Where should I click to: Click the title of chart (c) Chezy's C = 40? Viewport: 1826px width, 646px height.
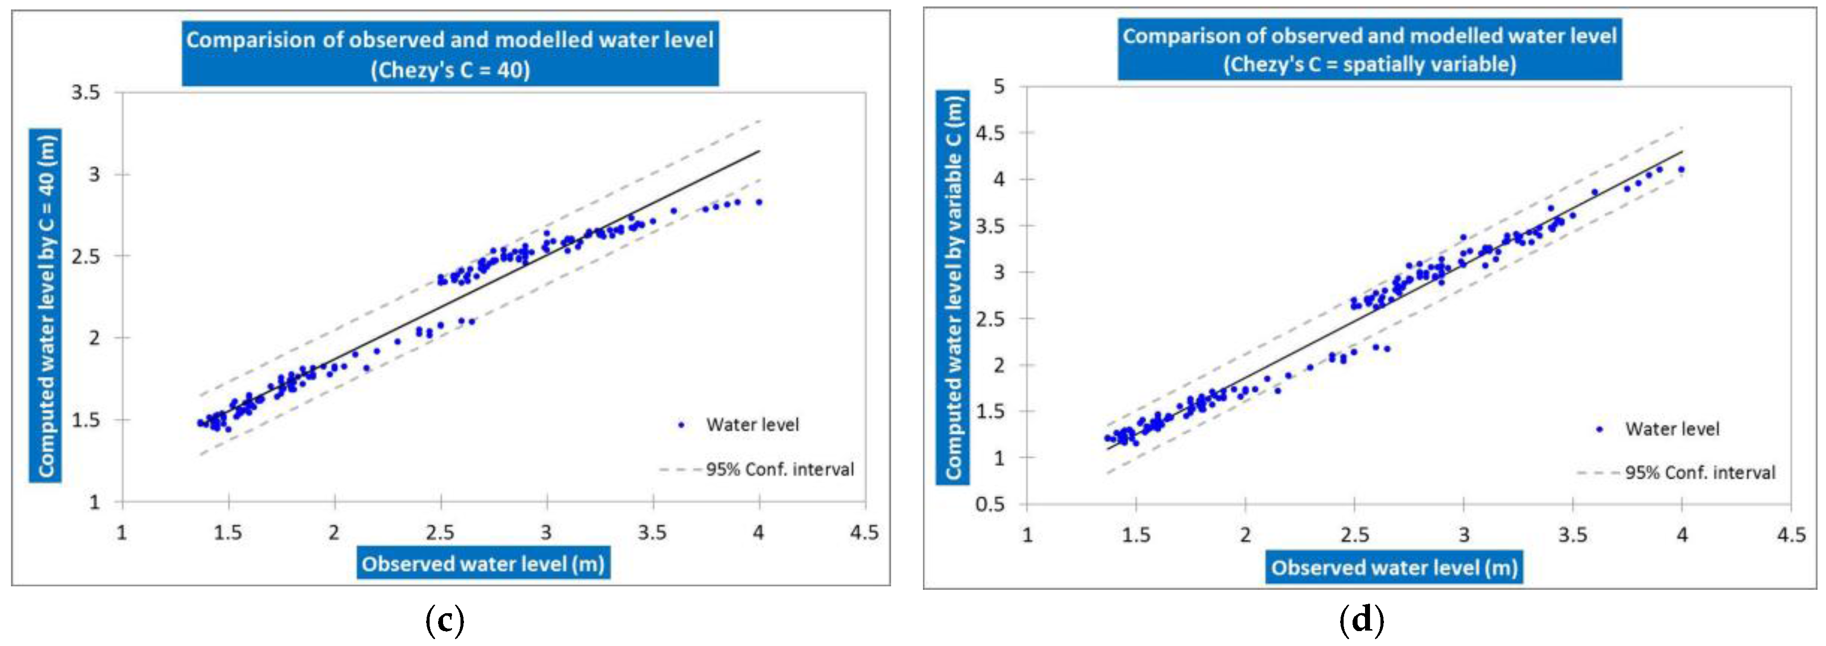pyautogui.click(x=450, y=54)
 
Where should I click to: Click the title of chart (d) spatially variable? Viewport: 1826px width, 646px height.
pyautogui.click(x=1369, y=50)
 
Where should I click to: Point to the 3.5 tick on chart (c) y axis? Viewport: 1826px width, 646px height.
pyautogui.click(x=85, y=93)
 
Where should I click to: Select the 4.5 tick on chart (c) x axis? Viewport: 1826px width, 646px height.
pyautogui.click(x=864, y=533)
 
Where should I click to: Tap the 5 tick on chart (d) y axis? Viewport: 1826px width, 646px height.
pyautogui.click(x=999, y=87)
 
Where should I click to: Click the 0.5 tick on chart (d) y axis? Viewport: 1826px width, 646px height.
pyautogui.click(x=990, y=504)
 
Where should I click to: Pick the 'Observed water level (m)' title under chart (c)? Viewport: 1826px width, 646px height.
pyautogui.click(x=483, y=564)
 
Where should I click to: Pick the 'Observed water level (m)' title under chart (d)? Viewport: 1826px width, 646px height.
pyautogui.click(x=1393, y=567)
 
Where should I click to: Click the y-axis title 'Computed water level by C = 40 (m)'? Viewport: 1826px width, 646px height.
pyautogui.click(x=45, y=305)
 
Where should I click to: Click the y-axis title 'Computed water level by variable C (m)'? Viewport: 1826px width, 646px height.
pyautogui.click(x=953, y=287)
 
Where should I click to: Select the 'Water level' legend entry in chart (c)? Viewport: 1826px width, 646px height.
pyautogui.click(x=751, y=425)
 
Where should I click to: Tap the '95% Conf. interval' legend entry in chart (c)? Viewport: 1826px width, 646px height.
pyautogui.click(x=779, y=469)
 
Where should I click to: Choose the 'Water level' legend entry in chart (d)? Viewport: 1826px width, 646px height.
pyautogui.click(x=1672, y=429)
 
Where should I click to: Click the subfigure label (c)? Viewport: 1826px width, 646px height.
pyautogui.click(x=445, y=621)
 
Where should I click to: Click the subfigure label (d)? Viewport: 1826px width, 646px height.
pyautogui.click(x=1361, y=621)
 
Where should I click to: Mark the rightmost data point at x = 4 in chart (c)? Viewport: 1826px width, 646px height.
pyautogui.click(x=759, y=202)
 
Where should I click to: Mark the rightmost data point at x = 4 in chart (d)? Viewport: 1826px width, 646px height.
pyautogui.click(x=1681, y=169)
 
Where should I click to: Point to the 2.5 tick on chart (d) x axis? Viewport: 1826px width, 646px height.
pyautogui.click(x=1354, y=535)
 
